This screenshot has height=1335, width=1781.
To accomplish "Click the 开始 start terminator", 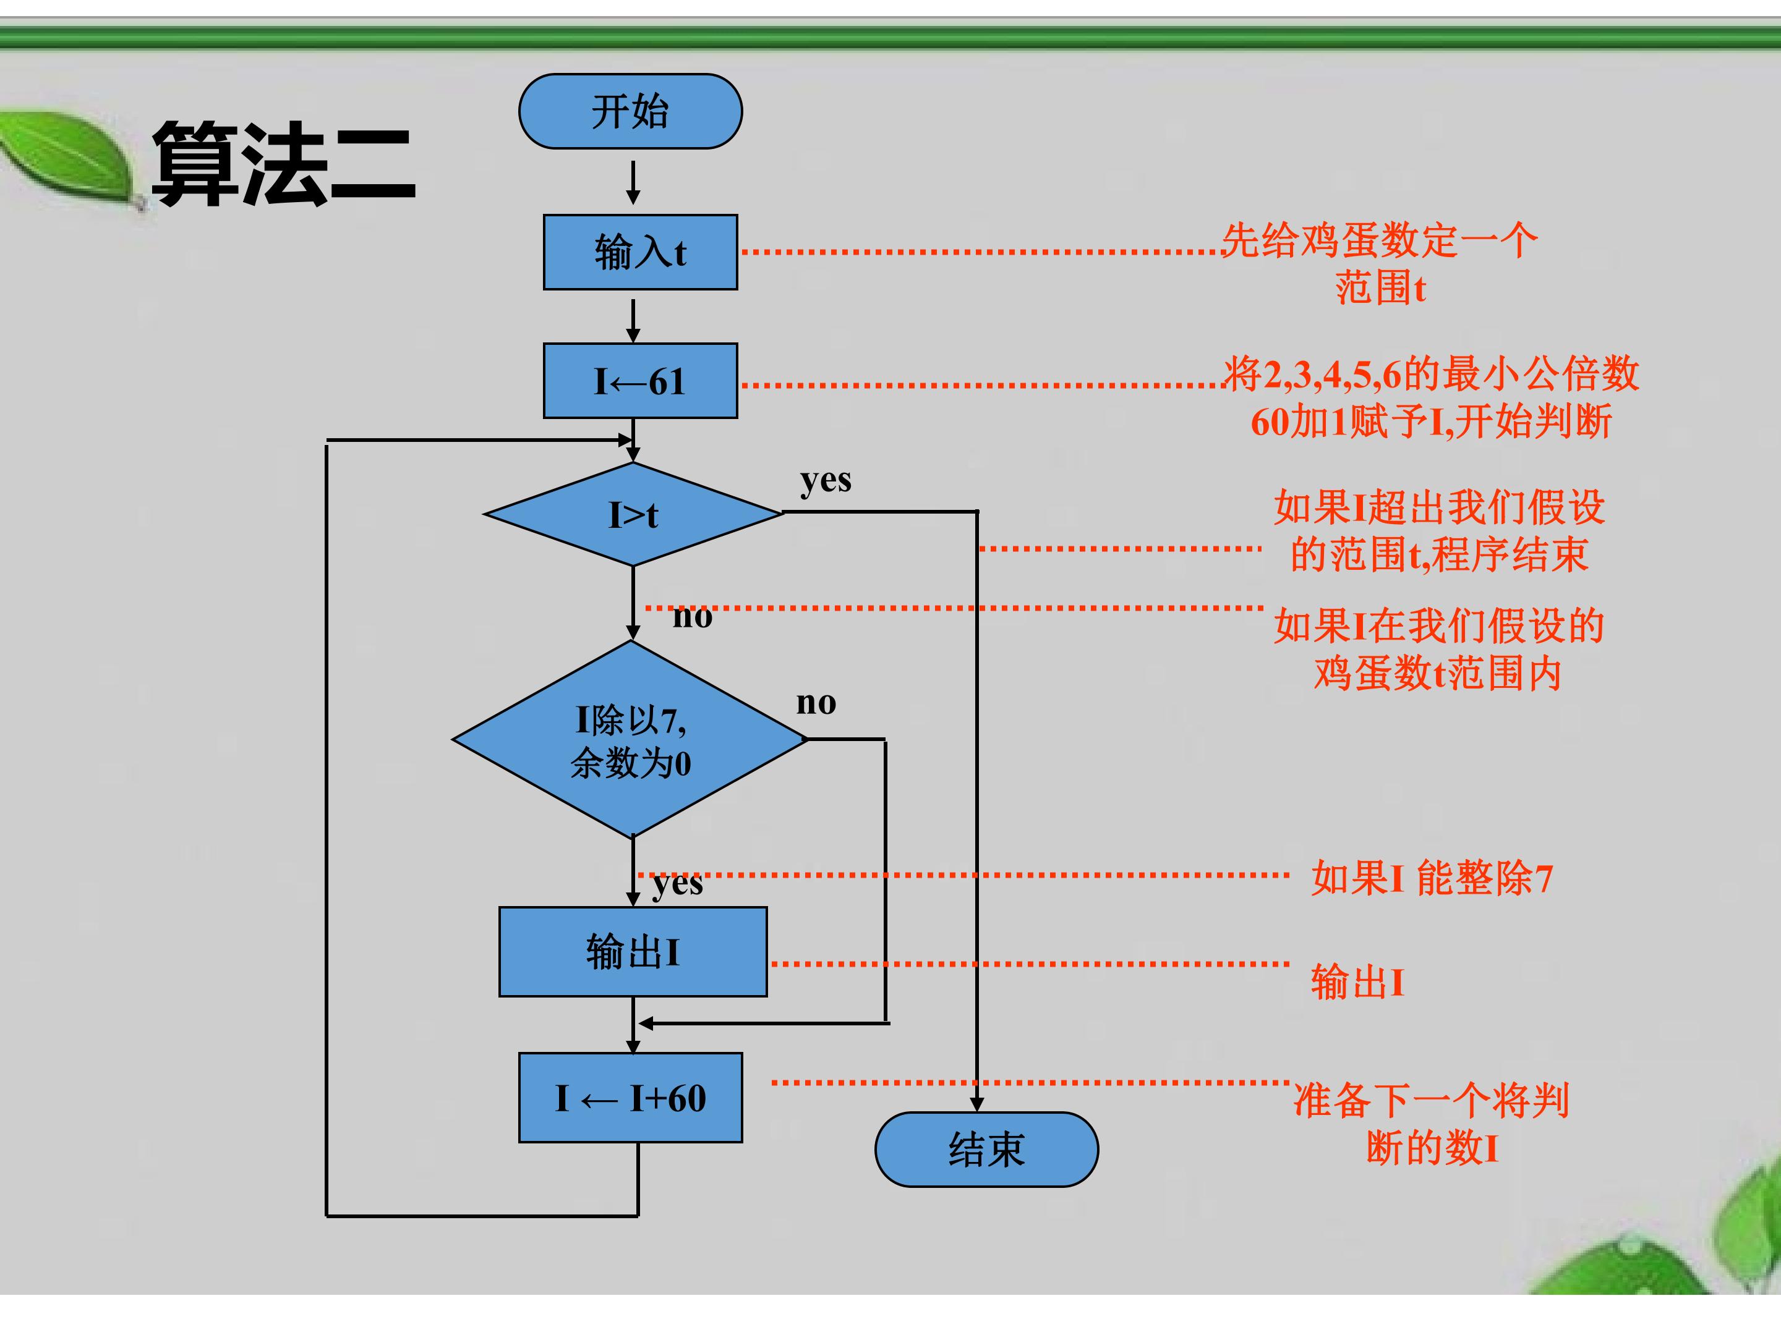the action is pyautogui.click(x=630, y=111).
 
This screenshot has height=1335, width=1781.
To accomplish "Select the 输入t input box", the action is pyautogui.click(x=640, y=252).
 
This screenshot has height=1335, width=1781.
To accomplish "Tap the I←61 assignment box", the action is pyautogui.click(x=640, y=381).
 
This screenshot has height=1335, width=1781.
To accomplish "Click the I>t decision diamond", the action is pyautogui.click(x=633, y=514).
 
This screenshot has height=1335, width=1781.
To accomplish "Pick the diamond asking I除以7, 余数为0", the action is pyautogui.click(x=630, y=739).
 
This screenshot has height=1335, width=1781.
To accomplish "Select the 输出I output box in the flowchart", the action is pyautogui.click(x=633, y=952).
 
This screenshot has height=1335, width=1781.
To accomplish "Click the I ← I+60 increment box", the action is pyautogui.click(x=630, y=1098).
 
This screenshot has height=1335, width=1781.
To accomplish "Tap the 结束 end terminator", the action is pyautogui.click(x=986, y=1149).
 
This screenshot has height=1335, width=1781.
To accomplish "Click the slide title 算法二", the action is pyautogui.click(x=283, y=163).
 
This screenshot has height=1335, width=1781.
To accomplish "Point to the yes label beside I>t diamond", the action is pyautogui.click(x=826, y=480).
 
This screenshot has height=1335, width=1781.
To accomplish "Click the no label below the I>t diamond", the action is pyautogui.click(x=693, y=616).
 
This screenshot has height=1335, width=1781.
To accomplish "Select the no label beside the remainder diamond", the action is pyautogui.click(x=816, y=703).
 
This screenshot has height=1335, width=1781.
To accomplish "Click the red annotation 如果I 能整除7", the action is pyautogui.click(x=1432, y=877).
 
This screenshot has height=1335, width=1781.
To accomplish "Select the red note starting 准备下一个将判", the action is pyautogui.click(x=1432, y=1124).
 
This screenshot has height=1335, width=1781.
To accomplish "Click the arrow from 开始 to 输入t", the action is pyautogui.click(x=634, y=183).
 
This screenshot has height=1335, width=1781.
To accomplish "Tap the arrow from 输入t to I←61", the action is pyautogui.click(x=634, y=321).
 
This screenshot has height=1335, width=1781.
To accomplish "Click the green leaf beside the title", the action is pyautogui.click(x=69, y=158).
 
